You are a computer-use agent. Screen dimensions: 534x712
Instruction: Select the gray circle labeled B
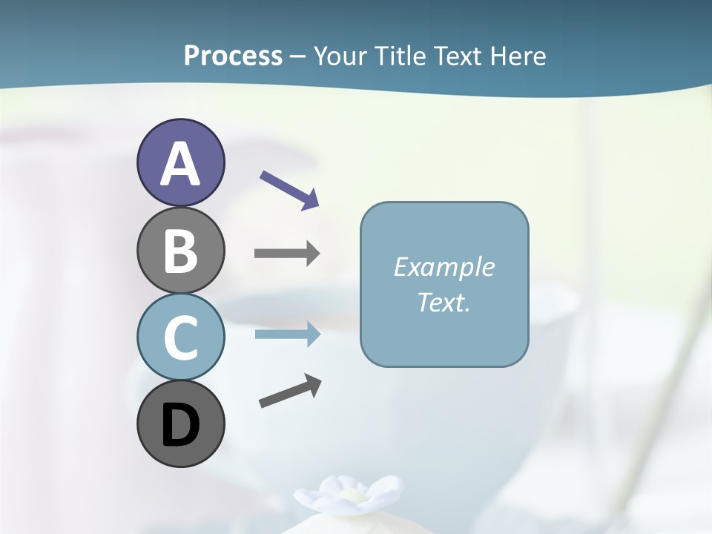(180, 251)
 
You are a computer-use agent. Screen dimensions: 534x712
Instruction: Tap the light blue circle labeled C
(180, 337)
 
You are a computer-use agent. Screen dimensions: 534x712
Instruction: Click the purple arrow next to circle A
(290, 190)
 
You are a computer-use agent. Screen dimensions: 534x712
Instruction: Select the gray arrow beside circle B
(287, 254)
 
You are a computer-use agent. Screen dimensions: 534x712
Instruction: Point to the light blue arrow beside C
(287, 334)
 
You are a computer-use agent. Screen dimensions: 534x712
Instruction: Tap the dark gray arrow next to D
(290, 391)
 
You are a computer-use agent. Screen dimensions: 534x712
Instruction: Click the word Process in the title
(233, 56)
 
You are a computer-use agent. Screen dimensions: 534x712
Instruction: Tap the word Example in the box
(444, 267)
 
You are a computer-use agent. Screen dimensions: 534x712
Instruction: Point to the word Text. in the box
(444, 303)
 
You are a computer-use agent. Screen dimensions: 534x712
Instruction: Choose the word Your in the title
(337, 56)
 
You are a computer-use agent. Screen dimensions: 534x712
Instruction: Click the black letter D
(180, 426)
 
